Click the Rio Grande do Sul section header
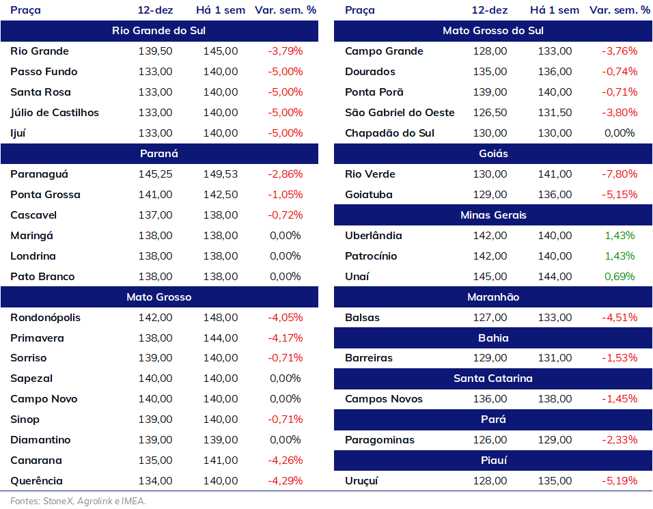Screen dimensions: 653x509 (x=159, y=31)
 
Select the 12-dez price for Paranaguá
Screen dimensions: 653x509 (x=155, y=174)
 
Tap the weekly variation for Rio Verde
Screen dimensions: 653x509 (x=620, y=174)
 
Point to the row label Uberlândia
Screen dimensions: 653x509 (x=373, y=235)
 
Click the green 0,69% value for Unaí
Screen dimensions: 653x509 (x=620, y=277)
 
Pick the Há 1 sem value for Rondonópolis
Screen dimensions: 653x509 (x=221, y=318)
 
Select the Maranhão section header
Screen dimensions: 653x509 (x=493, y=297)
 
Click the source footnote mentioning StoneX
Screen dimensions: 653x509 (x=79, y=501)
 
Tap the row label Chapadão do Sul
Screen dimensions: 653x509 (x=389, y=133)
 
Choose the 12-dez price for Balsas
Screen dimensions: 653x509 (x=490, y=318)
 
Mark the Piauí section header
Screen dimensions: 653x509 (x=493, y=460)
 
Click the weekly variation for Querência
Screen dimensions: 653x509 (x=286, y=481)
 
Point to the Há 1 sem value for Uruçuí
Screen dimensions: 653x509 (x=555, y=481)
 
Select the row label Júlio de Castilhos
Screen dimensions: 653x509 (x=55, y=113)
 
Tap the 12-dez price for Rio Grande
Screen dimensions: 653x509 (x=155, y=51)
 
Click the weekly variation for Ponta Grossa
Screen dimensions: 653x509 (x=286, y=195)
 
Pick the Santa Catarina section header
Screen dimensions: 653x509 (x=493, y=379)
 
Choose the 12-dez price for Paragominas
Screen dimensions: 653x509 (x=490, y=440)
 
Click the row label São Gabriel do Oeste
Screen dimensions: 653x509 (x=400, y=113)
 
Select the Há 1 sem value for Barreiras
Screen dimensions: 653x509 (x=555, y=358)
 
